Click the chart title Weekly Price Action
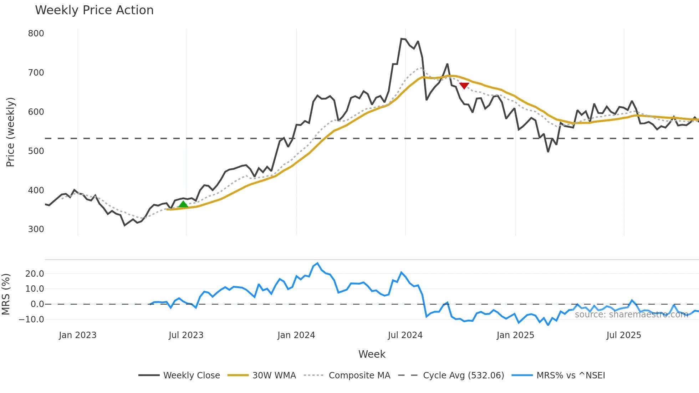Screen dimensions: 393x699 (94, 10)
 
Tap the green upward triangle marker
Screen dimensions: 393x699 (183, 204)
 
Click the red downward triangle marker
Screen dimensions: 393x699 (464, 86)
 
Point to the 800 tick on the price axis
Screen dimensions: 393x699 (36, 34)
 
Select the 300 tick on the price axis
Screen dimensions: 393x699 (36, 229)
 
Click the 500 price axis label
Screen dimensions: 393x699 (36, 151)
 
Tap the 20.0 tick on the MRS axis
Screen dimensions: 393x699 (35, 274)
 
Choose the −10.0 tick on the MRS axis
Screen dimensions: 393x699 (31, 320)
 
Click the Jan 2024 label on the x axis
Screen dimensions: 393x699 (296, 335)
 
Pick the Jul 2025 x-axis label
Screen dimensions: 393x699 (624, 335)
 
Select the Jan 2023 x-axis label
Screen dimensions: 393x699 (78, 335)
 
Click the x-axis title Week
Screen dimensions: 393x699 (372, 354)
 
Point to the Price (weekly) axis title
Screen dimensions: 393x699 (11, 132)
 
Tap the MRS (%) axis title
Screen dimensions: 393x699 (6, 294)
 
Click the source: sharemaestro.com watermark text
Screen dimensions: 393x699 (631, 315)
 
